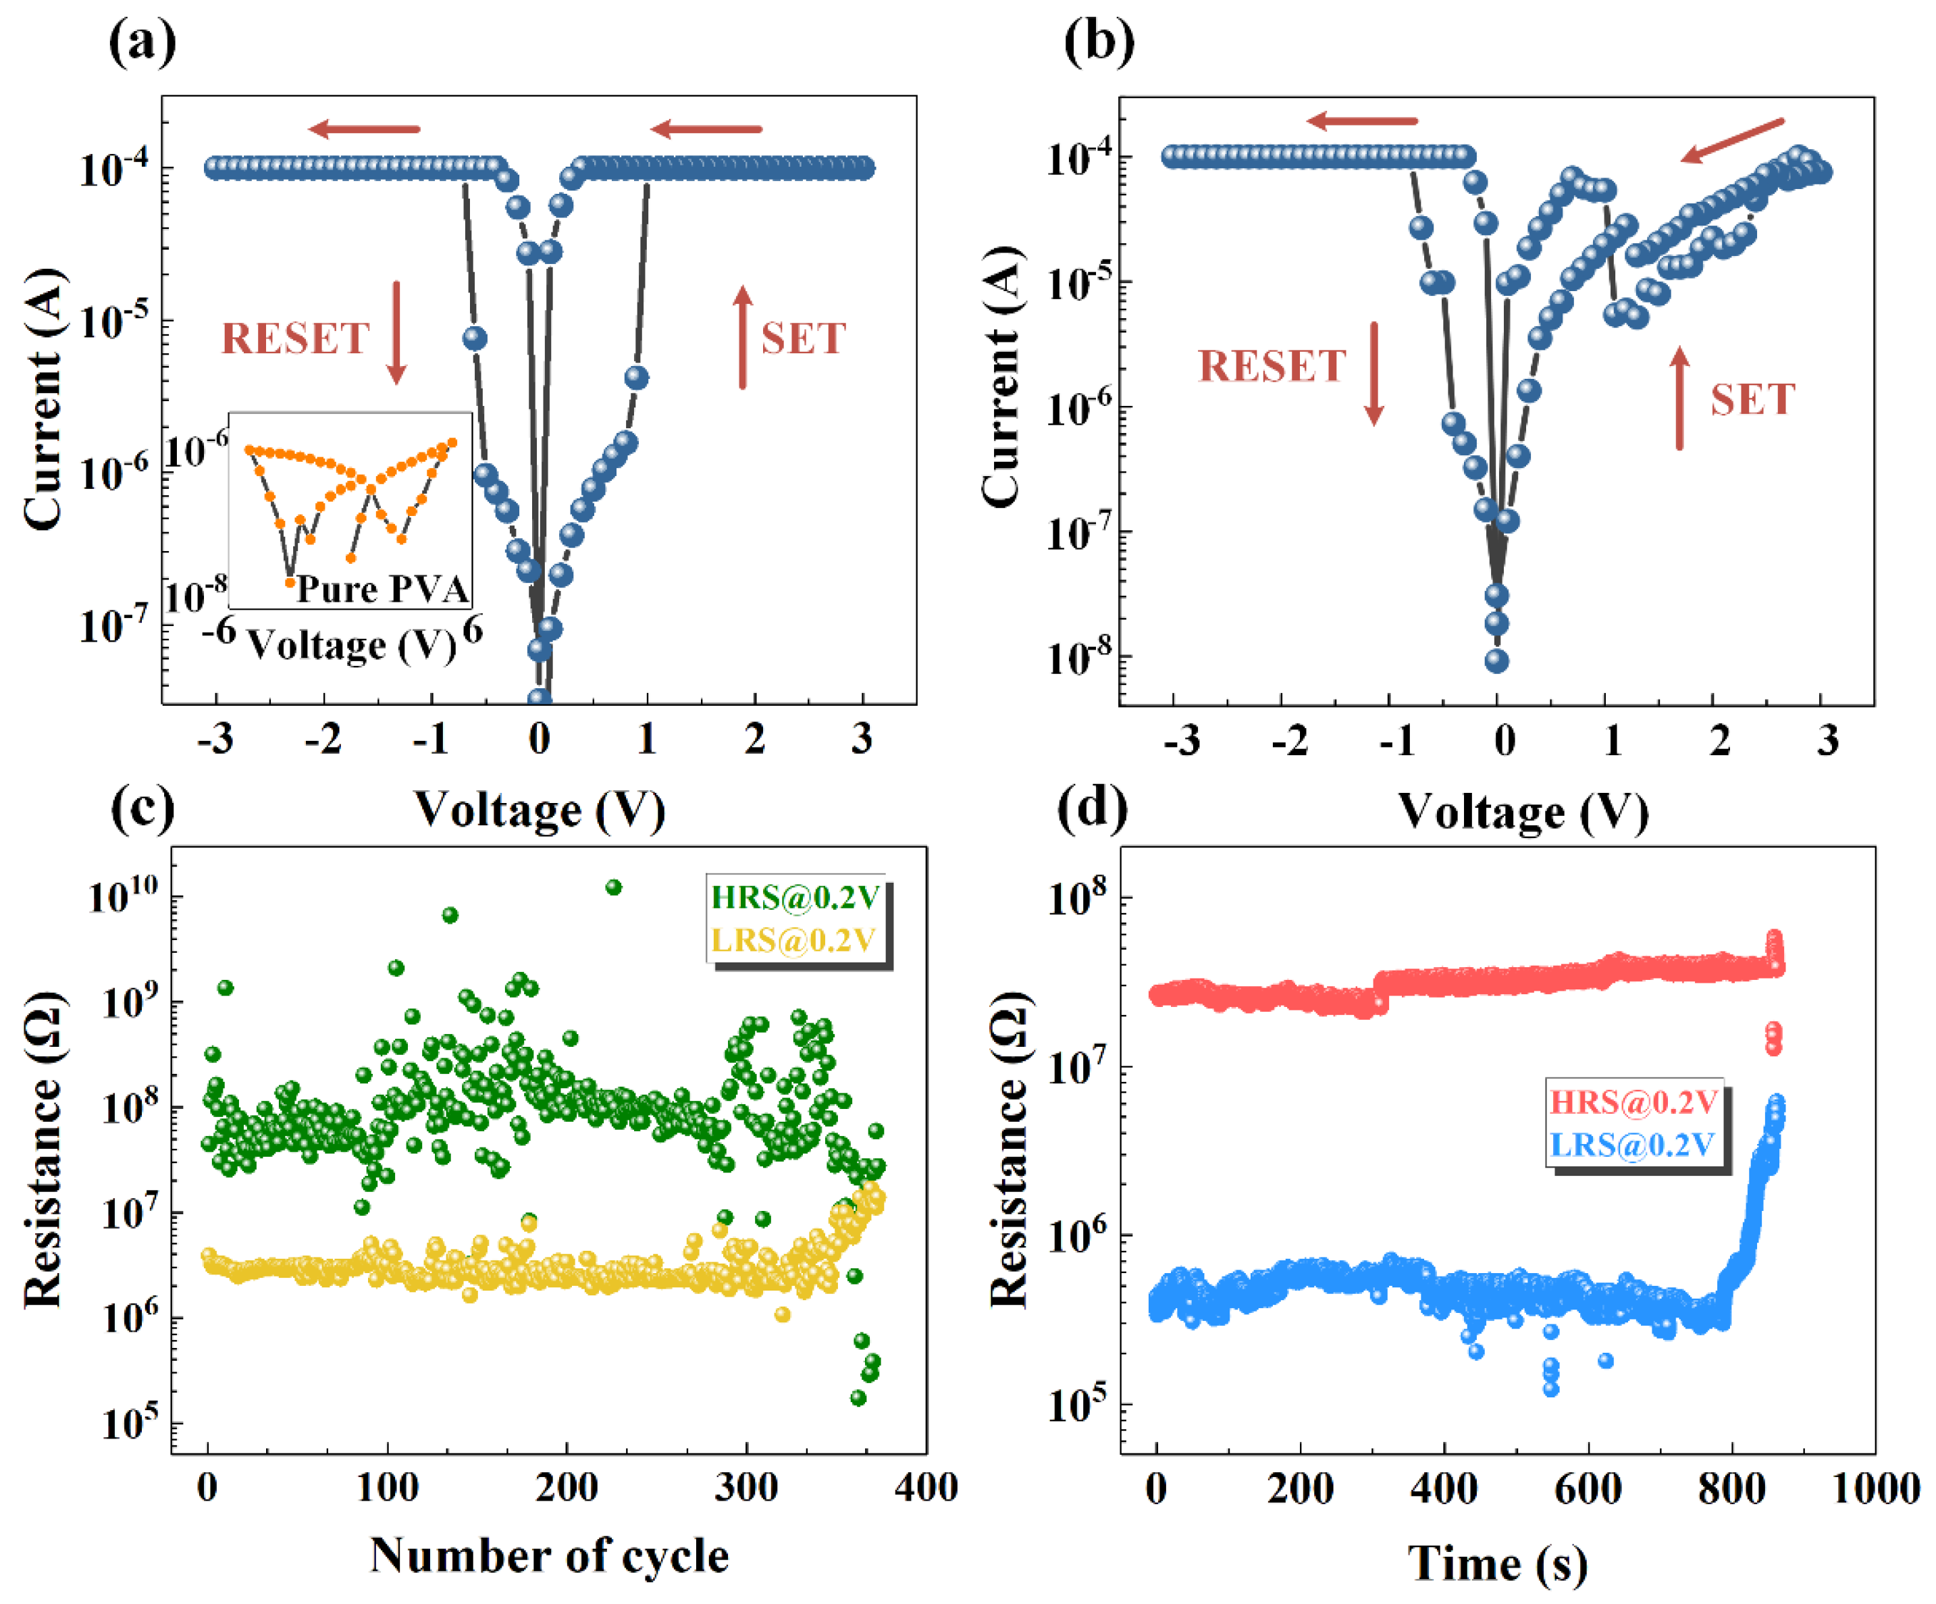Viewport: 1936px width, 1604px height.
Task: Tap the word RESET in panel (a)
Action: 295,338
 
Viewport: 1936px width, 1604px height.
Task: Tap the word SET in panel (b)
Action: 1752,399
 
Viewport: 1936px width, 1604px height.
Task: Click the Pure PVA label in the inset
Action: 382,589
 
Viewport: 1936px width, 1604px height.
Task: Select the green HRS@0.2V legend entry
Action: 795,897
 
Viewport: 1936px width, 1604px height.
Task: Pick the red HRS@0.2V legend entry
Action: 1633,1102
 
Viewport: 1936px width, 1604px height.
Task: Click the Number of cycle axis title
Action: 550,1556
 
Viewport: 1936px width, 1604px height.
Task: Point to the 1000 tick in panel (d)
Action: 1876,1488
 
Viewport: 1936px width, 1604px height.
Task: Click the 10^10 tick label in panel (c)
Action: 124,894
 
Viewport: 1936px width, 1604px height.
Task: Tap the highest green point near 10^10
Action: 613,887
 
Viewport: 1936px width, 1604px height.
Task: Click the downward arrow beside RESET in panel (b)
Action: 1373,373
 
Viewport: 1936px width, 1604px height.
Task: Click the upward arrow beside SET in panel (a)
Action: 743,336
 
